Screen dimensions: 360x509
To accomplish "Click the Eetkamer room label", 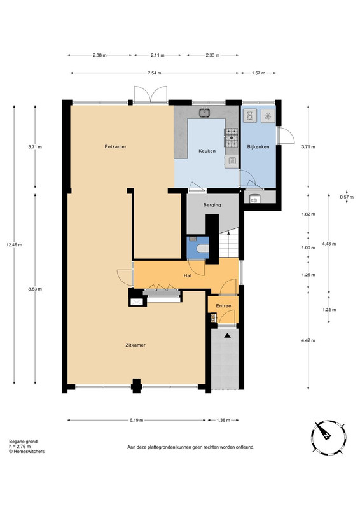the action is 115,146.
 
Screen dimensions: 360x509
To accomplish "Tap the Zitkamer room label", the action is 135,345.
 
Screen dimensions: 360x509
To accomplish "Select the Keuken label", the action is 207,151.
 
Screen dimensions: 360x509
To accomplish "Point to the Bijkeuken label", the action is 258,147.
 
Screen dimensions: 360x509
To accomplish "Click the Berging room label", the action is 212,205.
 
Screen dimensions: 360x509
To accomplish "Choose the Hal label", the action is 188,276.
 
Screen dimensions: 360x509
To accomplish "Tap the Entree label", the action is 223,306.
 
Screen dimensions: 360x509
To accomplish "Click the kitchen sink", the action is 205,113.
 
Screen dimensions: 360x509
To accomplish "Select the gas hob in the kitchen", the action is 231,137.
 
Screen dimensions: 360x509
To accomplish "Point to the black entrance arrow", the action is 227,336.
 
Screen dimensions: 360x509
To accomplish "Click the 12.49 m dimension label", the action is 14,245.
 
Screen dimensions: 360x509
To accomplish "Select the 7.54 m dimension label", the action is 155,73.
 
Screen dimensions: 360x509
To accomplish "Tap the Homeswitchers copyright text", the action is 27,451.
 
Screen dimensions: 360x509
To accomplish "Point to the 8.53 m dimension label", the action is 35,289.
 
